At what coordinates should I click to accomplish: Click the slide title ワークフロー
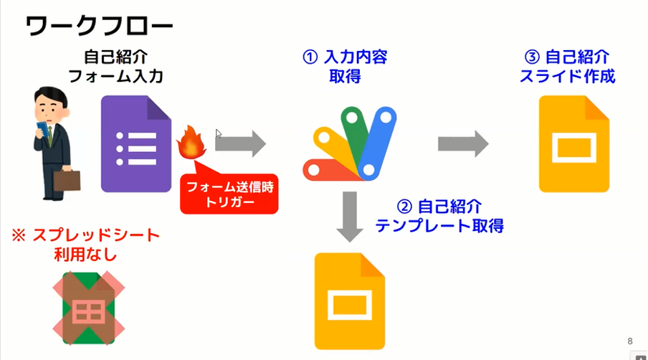point(99,27)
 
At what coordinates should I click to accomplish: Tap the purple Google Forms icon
point(136,144)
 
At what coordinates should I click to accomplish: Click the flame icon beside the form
point(191,142)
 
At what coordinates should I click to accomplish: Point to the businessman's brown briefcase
point(67,180)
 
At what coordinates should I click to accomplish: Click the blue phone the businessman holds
point(42,129)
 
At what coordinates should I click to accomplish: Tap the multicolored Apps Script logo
point(350,144)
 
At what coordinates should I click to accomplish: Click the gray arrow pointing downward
point(350,217)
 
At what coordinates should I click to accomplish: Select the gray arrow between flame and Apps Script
point(241,144)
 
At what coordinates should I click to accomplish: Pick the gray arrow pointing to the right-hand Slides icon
point(463,144)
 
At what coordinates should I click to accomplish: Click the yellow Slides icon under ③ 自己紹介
point(574,144)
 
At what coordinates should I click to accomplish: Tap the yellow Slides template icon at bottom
point(350,301)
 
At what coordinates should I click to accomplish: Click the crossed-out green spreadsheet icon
point(89,308)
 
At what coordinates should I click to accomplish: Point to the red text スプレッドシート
point(96,236)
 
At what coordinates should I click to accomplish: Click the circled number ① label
point(310,57)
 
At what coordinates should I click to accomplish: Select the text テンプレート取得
point(439,226)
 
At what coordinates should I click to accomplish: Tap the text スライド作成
point(568,77)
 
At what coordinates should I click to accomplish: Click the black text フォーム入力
point(115,77)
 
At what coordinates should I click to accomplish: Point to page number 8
point(630,341)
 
